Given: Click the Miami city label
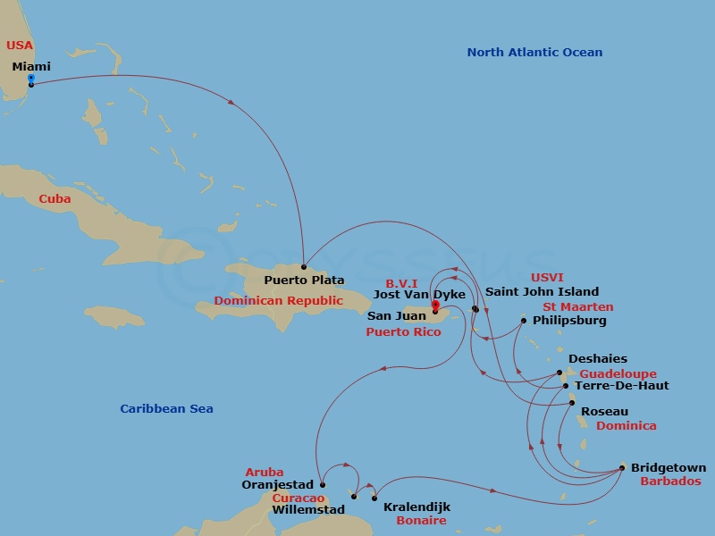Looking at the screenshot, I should pos(31,66).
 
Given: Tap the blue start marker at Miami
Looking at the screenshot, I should pos(31,80).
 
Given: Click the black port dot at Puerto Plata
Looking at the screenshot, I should pos(304,267).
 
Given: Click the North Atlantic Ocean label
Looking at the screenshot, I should pos(534,53).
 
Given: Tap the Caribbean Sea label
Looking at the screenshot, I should pos(166,409).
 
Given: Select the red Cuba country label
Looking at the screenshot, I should pos(55,199).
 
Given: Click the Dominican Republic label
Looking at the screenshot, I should pos(278,301).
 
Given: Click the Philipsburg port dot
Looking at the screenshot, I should pos(524,320).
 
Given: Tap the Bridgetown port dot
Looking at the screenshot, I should pos(622,467).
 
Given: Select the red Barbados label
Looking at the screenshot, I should pos(670,481).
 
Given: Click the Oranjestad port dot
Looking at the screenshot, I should pos(323,485).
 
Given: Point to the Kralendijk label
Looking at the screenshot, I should pos(416,507).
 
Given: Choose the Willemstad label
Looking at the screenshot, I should pos(309,510).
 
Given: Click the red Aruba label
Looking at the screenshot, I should pos(265,472).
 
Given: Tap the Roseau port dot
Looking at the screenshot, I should pos(572,403).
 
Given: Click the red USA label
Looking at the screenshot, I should pos(20,45).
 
